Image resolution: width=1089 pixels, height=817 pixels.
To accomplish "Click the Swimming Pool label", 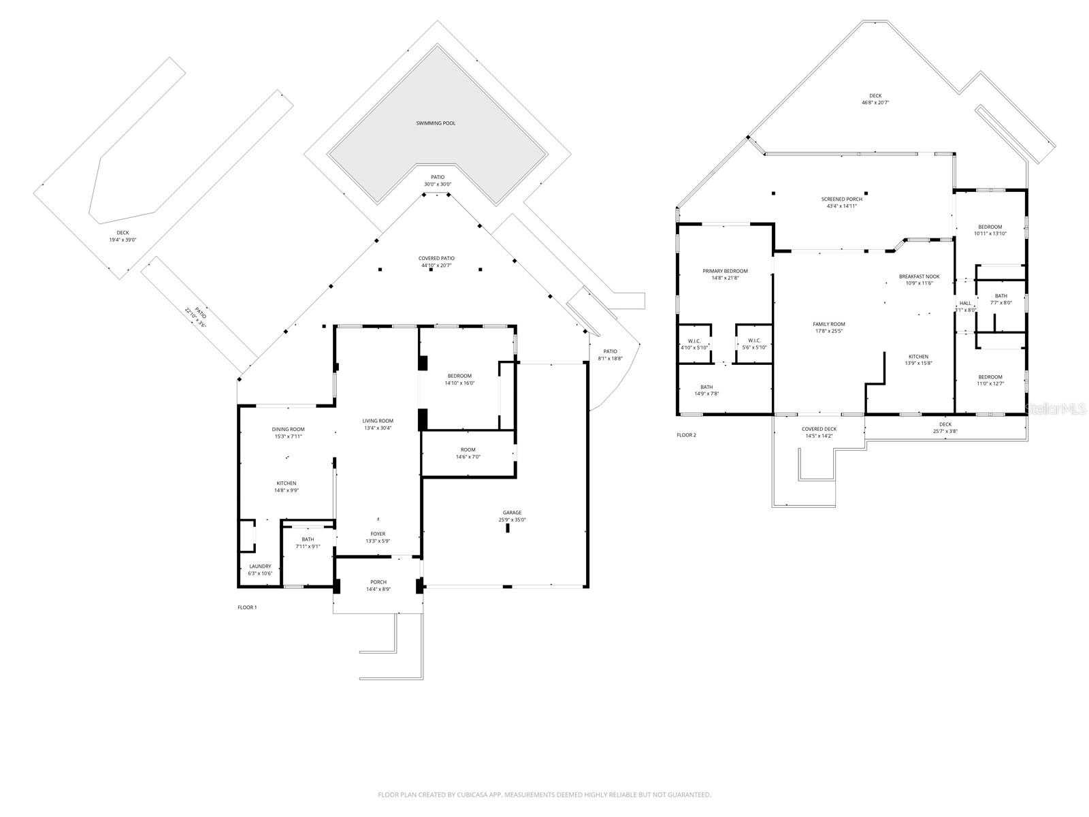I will [x=436, y=123].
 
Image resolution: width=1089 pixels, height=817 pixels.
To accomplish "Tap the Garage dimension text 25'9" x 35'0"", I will [x=512, y=520].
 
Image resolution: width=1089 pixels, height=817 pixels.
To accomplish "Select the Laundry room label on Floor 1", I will [x=260, y=566].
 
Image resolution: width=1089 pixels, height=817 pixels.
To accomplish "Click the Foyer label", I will [x=378, y=534].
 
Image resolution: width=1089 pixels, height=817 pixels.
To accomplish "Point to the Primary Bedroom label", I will [x=725, y=271].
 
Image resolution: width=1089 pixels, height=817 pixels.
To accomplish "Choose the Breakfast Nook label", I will [x=919, y=276].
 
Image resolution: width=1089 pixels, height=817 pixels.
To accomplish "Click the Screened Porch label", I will [x=841, y=199].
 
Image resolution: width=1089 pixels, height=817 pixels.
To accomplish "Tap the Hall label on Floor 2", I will [x=965, y=303].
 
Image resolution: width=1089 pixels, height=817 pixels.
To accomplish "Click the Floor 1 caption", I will [x=246, y=607].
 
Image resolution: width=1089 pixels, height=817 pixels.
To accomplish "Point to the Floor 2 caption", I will [x=686, y=435].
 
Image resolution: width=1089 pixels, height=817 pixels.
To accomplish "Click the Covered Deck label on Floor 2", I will [x=819, y=429].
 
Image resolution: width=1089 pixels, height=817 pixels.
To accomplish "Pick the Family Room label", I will [x=828, y=324].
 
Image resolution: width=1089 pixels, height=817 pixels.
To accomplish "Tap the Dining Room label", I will [x=288, y=429].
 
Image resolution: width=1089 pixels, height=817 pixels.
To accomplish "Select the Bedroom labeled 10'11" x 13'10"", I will [x=990, y=227].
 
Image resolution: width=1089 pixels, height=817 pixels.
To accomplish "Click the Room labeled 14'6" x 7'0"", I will [x=468, y=449].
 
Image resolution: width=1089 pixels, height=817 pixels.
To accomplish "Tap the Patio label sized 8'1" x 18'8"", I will [x=610, y=351].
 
